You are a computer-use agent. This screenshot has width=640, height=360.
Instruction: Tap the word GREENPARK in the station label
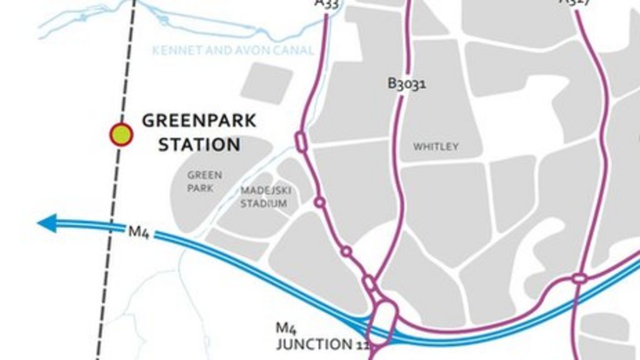tap(199, 121)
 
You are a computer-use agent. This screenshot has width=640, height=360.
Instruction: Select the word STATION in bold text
tap(199, 145)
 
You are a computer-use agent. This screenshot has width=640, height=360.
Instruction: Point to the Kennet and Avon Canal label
tap(232, 50)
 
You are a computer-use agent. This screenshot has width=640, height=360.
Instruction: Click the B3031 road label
tap(407, 83)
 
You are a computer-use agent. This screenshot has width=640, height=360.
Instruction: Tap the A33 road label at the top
tap(326, 4)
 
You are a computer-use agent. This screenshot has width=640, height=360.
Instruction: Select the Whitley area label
tap(436, 147)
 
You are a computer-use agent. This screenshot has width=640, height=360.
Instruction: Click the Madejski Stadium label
tap(264, 197)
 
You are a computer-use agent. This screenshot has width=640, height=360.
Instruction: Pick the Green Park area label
tap(204, 181)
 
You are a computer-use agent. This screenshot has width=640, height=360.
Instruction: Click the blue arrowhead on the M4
tap(47, 222)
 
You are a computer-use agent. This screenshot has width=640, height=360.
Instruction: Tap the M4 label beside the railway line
tap(138, 231)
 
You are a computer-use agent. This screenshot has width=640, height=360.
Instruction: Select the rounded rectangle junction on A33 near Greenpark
tap(301, 141)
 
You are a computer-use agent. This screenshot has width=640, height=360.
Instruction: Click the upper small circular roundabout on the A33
tap(319, 202)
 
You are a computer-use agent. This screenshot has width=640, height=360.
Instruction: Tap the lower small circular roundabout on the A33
tap(346, 251)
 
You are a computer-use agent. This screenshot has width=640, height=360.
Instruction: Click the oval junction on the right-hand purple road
tap(579, 277)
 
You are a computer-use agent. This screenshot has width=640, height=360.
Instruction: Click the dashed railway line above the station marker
tap(129, 62)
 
